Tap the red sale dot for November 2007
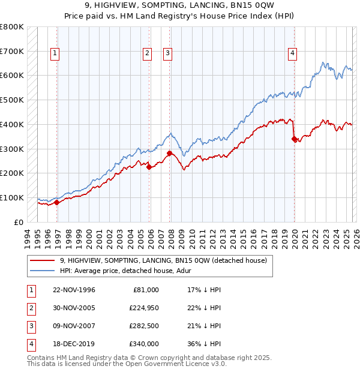[170, 153]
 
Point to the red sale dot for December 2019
[294, 139]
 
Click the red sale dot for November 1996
[57, 202]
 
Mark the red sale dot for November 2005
[149, 167]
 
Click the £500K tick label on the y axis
[12, 100]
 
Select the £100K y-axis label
[12, 197]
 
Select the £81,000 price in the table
[146, 290]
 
